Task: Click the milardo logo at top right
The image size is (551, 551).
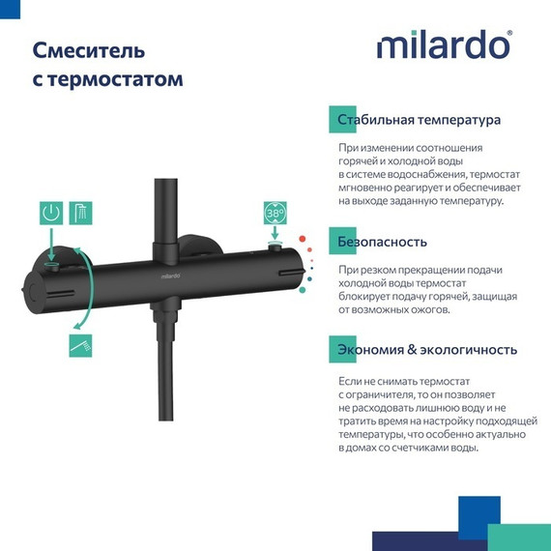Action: coord(443,45)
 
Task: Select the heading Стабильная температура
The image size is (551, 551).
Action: coord(419,121)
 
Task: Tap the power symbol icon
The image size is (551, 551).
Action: coord(50,215)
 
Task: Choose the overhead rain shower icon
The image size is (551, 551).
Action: coord(81,215)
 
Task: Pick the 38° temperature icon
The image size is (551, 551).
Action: coord(275,214)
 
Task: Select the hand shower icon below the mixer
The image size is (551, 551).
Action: coord(81,343)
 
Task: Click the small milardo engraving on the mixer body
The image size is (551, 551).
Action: coord(161,274)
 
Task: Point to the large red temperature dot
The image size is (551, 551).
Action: coord(303,237)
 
